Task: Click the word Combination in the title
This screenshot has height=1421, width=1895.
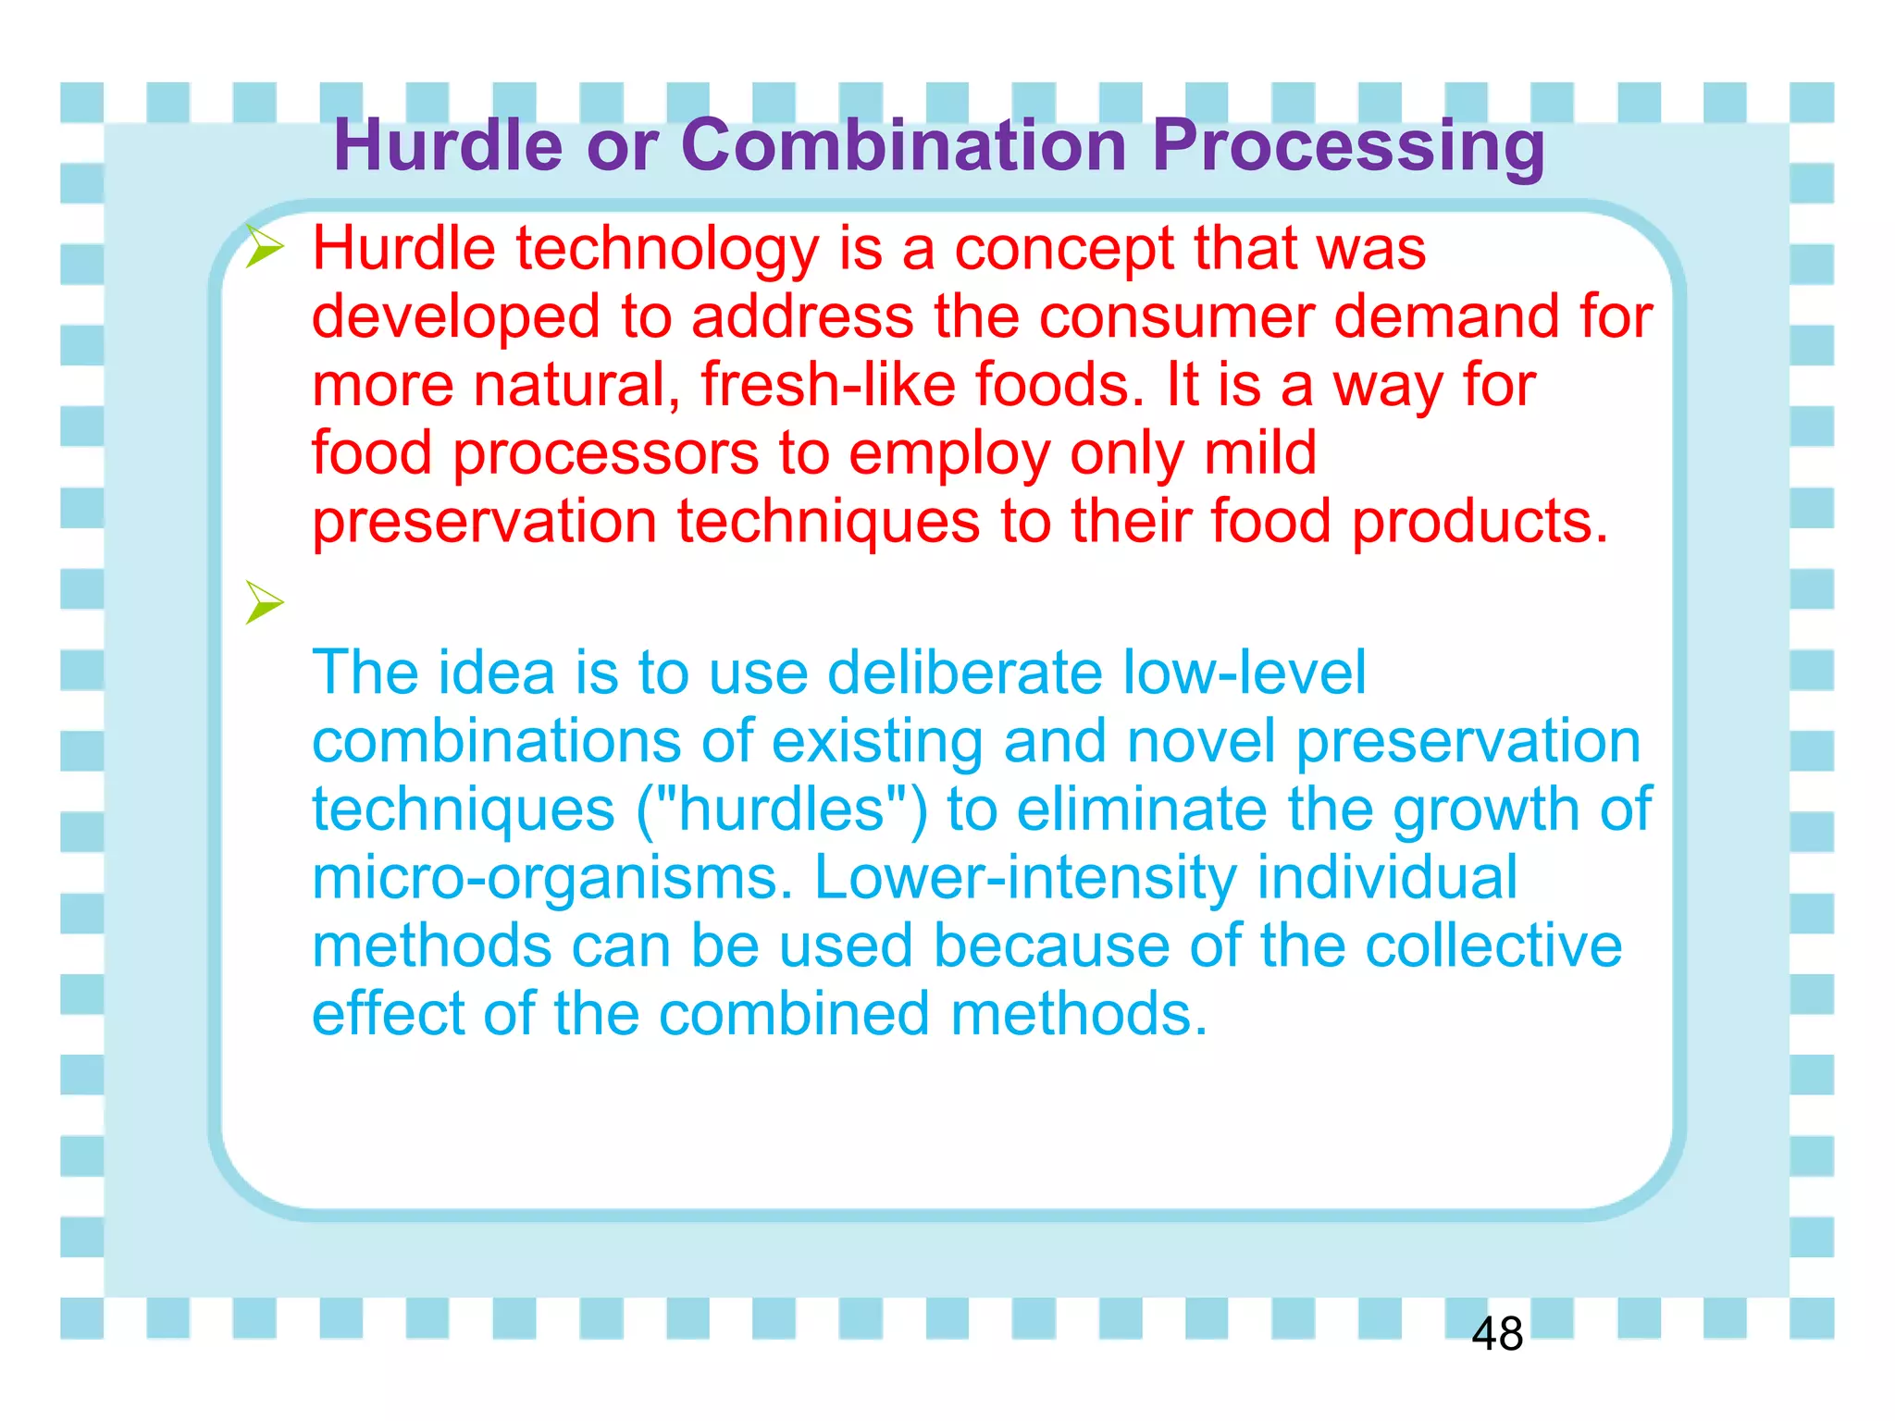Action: [903, 145]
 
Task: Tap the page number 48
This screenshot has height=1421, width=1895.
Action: [1496, 1334]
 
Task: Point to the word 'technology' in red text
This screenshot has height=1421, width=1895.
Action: [667, 250]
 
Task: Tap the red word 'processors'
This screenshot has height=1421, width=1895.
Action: [605, 454]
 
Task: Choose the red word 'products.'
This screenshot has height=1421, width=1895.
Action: [1480, 522]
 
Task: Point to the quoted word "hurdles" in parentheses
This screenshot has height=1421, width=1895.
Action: [782, 809]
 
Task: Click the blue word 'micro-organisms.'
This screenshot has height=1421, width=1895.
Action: [552, 877]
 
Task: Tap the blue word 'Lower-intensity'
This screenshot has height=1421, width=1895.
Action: [1024, 877]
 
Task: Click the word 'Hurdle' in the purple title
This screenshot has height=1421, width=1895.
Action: [448, 145]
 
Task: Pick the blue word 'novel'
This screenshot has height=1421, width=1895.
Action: [1201, 741]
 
